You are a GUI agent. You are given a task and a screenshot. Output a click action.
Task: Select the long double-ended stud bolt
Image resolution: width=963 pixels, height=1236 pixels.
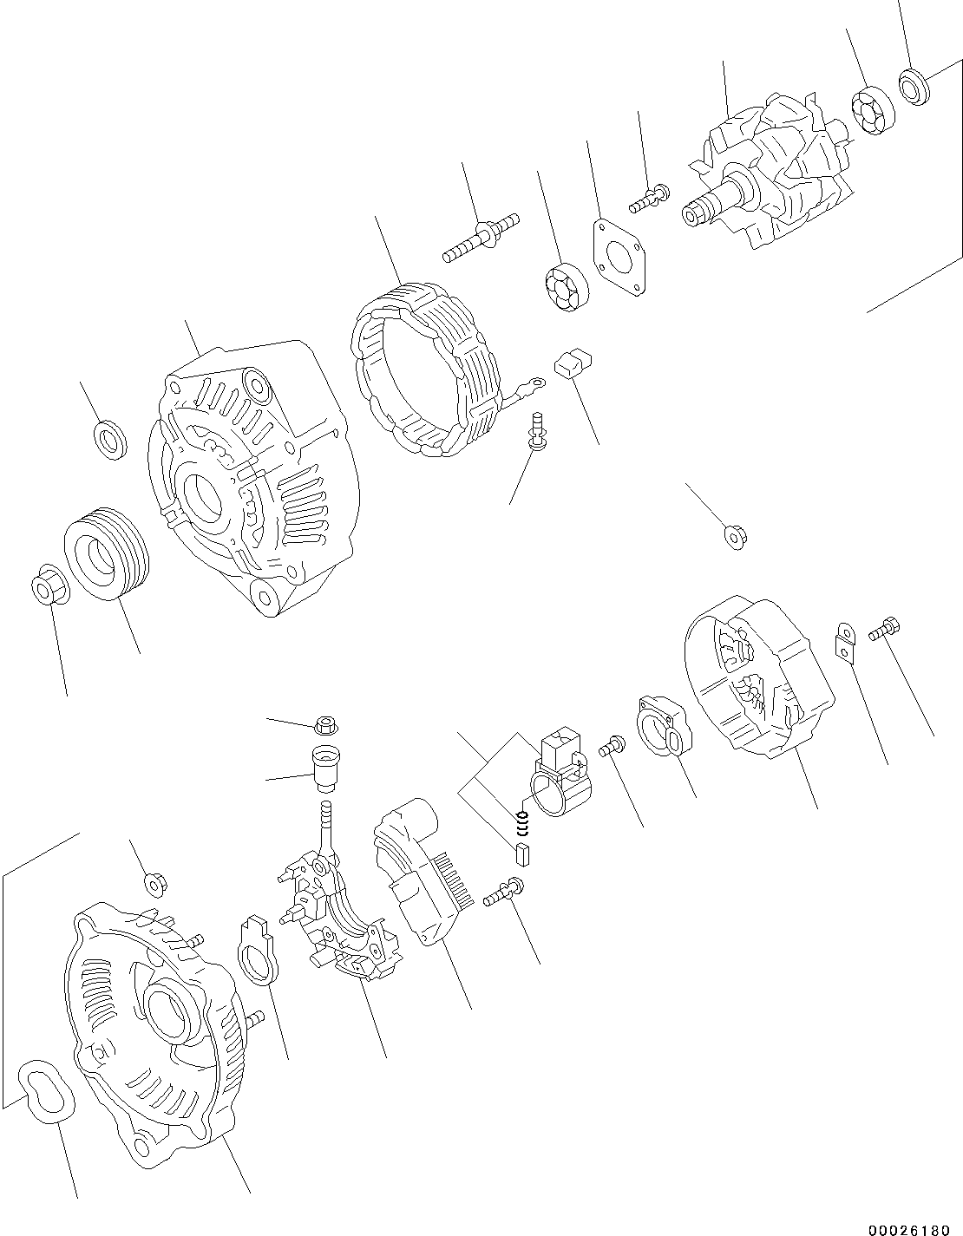pos(481,235)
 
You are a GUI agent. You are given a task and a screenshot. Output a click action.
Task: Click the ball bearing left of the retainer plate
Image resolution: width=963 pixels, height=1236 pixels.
pos(567,284)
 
